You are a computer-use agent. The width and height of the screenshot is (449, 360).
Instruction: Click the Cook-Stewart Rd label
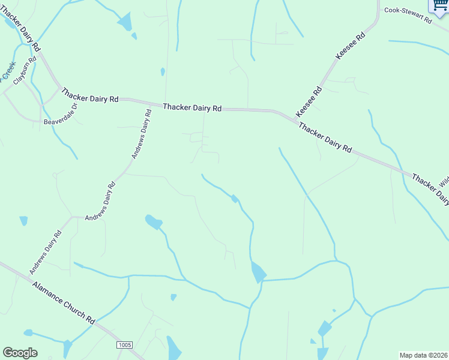pyautogui.click(x=408, y=15)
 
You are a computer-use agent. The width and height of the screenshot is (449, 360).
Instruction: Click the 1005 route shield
pyautogui.click(x=124, y=345)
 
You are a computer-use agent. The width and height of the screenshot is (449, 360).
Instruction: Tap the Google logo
pyautogui.click(x=20, y=353)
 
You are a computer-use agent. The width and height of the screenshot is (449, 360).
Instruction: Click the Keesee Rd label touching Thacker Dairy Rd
pyautogui.click(x=309, y=101)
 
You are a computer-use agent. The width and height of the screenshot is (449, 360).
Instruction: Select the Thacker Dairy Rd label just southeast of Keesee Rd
pyautogui.click(x=325, y=138)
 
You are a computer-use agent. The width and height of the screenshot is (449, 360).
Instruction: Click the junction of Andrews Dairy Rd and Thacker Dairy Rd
pyautogui.click(x=149, y=103)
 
